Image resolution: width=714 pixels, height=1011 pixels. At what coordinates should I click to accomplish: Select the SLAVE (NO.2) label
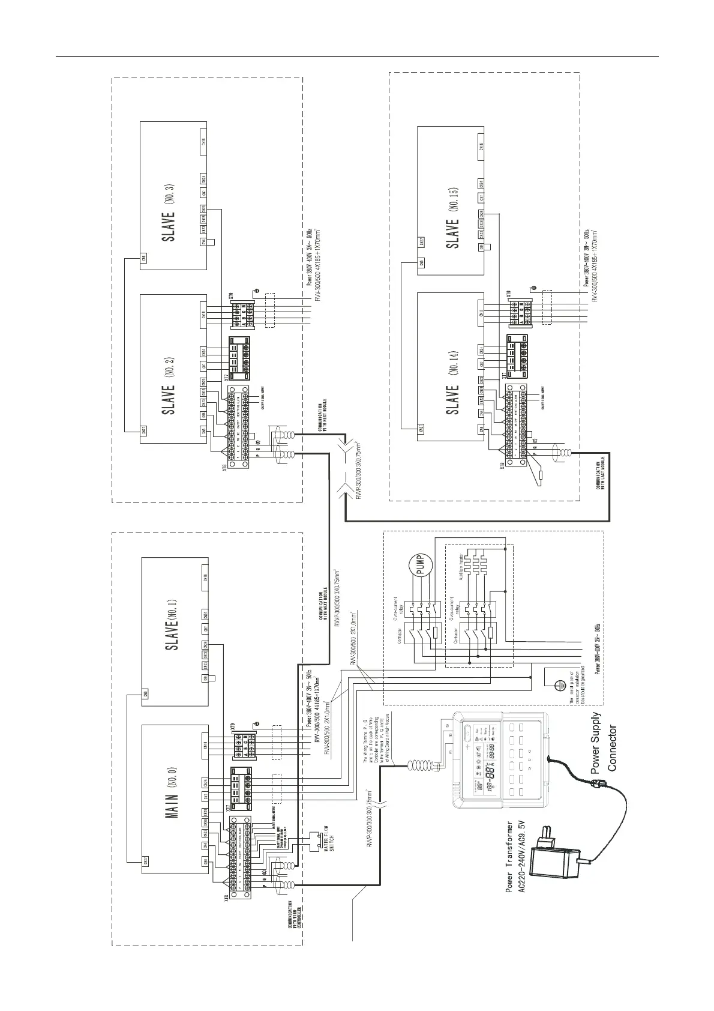click(172, 378)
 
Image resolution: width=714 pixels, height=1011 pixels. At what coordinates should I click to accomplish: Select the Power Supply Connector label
click(603, 742)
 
